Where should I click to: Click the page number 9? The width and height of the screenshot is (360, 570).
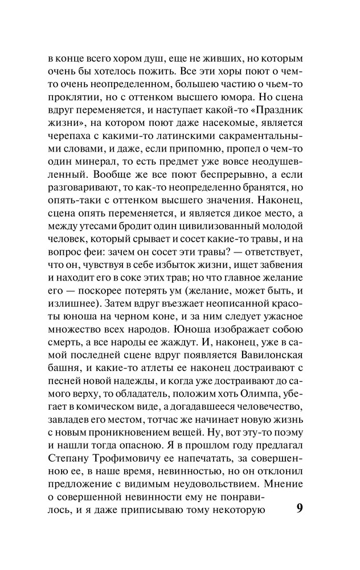click(301, 508)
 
